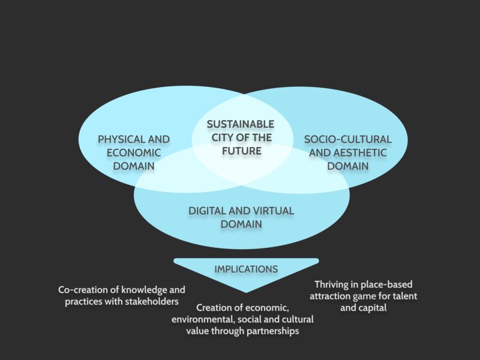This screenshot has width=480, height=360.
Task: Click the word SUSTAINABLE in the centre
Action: (x=241, y=124)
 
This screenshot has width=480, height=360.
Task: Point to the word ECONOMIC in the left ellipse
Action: (x=134, y=152)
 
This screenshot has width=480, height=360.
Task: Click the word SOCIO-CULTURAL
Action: (x=347, y=139)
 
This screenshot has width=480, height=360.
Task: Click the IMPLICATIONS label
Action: (x=246, y=269)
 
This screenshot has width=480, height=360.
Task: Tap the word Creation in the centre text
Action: (x=215, y=308)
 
